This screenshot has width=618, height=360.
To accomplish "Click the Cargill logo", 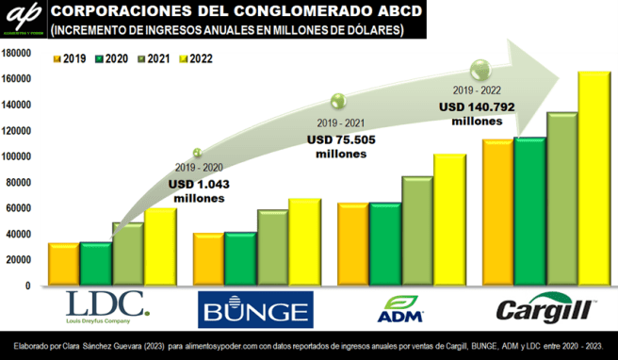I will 546,307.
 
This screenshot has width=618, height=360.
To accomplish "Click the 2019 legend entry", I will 70,58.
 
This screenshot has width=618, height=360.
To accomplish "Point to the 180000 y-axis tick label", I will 17,54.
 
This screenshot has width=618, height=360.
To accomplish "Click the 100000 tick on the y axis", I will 17,156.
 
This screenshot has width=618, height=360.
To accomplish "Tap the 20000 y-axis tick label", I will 20,260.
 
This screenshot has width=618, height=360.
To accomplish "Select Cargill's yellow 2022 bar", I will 594,179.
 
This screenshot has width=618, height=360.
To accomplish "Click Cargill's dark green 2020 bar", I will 529,212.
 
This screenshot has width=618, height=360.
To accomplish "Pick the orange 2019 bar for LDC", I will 63,265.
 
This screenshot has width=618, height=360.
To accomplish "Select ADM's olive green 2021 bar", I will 417,231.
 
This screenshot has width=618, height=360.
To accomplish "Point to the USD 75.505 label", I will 341,139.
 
